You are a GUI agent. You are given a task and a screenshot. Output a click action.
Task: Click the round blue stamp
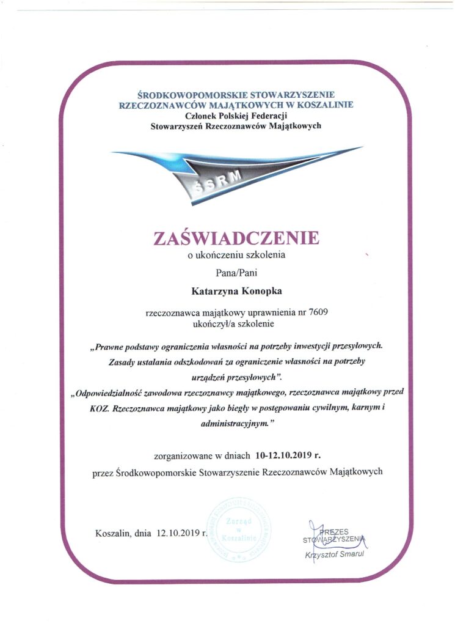pos(239,530)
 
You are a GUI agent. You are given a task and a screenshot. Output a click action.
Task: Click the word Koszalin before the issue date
pos(114,532)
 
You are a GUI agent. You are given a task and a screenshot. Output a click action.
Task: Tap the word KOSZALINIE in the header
pos(324,105)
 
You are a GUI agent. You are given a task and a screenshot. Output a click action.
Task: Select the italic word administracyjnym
pos(234,422)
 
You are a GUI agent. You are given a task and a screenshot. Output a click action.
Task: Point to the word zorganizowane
pos(184,455)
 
